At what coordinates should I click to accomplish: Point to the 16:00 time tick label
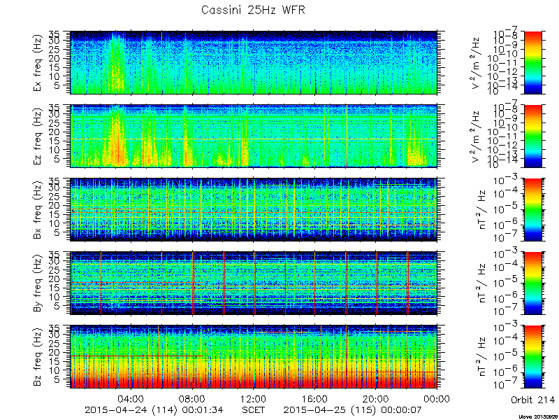point(315,398)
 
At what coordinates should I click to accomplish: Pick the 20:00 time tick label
point(376,398)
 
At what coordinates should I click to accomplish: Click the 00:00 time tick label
point(437,398)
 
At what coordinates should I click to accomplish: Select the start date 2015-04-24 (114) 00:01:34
point(153,409)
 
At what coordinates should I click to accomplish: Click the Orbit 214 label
point(532,399)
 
